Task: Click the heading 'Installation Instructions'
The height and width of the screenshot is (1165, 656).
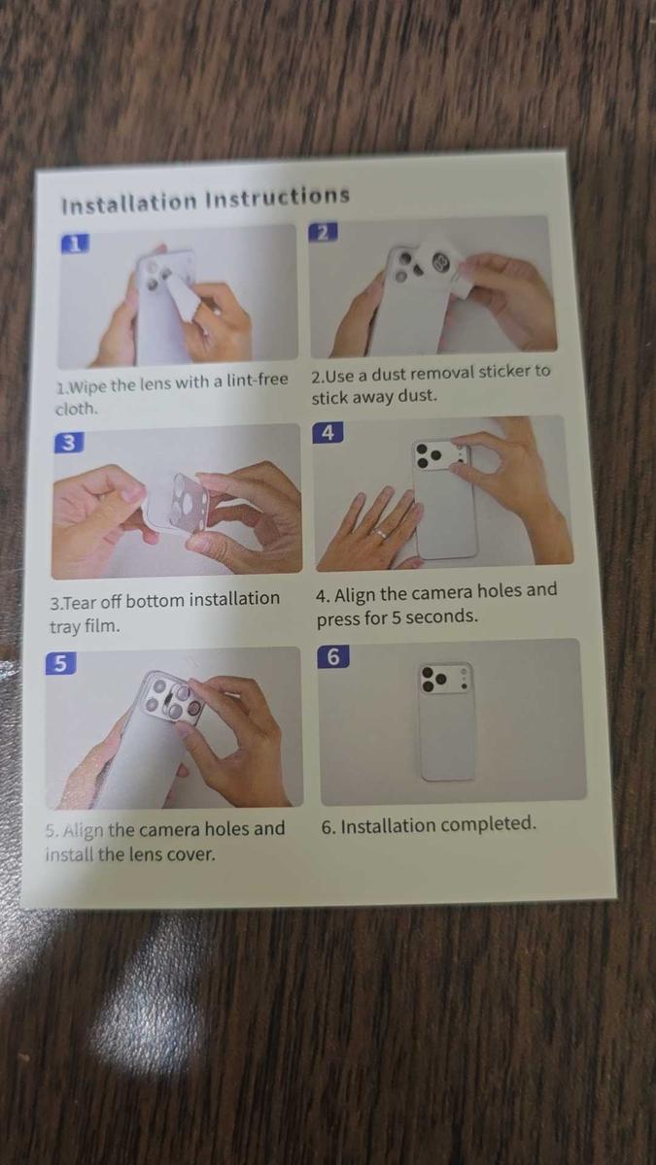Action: click(x=204, y=200)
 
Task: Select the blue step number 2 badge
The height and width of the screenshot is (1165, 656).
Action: click(x=325, y=232)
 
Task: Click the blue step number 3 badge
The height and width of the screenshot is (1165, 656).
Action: click(x=67, y=443)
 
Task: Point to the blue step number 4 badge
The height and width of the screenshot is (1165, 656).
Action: click(x=328, y=433)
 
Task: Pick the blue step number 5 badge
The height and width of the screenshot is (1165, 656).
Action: click(x=60, y=664)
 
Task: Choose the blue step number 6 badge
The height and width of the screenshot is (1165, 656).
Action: click(x=333, y=657)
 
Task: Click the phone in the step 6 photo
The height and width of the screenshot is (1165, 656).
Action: click(x=447, y=723)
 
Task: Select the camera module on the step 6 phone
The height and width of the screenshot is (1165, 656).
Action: click(x=446, y=680)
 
